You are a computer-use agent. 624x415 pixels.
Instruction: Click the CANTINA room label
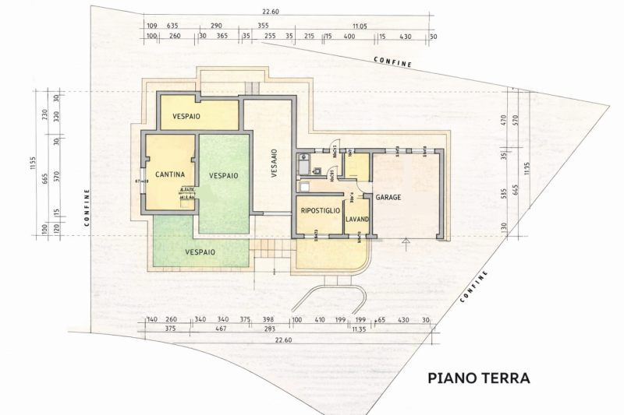168,174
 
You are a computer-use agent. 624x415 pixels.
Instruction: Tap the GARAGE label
388,198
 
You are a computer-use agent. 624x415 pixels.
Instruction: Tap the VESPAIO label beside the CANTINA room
223,175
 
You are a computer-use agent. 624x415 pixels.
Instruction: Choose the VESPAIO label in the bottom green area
200,252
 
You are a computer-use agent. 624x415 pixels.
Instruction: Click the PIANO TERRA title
479,378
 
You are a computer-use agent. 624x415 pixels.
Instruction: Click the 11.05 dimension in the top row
360,26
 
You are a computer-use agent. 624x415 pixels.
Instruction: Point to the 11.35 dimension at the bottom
359,329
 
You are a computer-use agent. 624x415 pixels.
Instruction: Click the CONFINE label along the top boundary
392,62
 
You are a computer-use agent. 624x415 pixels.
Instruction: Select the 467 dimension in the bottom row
221,329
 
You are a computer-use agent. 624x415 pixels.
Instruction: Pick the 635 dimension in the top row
173,26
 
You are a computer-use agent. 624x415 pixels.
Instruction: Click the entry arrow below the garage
405,243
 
